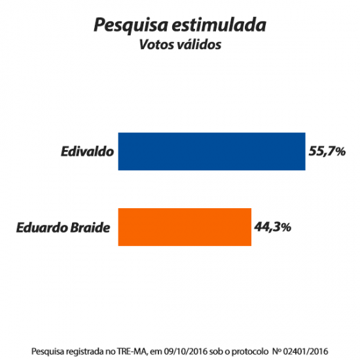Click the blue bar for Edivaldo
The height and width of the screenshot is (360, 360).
pos(211,151)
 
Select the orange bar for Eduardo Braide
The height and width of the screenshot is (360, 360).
pos(185,227)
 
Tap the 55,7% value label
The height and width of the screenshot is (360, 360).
pos(327,151)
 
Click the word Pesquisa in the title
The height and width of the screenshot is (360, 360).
pos(127,26)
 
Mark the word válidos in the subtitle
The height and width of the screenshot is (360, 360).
pos(198,45)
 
